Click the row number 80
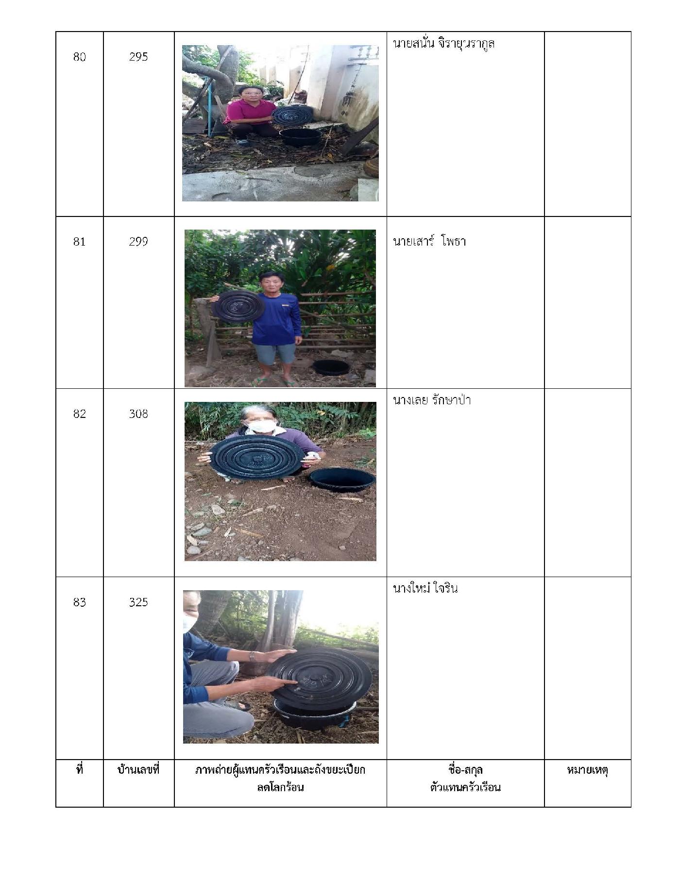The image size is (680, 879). [x=79, y=57]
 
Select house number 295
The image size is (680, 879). [x=138, y=57]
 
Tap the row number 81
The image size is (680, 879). [x=79, y=241]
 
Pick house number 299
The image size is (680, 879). [x=138, y=241]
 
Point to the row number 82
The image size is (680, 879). [x=79, y=414]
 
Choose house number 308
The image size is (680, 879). [x=138, y=414]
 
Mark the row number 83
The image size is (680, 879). [x=79, y=602]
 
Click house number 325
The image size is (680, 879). [x=138, y=602]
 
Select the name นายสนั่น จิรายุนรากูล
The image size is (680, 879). [x=443, y=44]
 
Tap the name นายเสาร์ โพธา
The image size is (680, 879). [x=429, y=241]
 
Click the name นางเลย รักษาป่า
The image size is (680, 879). [x=432, y=400]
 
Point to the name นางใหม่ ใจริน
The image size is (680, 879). [x=425, y=588]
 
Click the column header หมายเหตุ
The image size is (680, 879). [x=587, y=770]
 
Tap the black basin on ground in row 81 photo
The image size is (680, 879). [x=331, y=367]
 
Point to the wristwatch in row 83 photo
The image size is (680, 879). [x=253, y=656]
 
